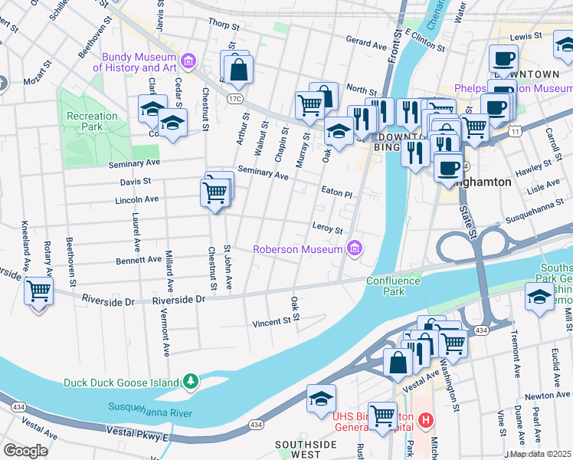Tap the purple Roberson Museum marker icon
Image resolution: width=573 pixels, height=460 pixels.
click(353, 248)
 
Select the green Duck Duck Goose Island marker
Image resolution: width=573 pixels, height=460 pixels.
click(190, 381)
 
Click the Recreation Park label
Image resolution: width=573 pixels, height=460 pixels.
click(93, 121)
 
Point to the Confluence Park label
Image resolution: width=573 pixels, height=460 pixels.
click(393, 286)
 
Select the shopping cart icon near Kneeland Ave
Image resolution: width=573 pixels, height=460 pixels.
click(38, 292)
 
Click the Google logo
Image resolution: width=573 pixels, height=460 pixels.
click(25, 450)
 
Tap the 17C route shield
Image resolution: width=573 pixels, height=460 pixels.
click(234, 99)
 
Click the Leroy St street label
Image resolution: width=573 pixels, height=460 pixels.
click(327, 228)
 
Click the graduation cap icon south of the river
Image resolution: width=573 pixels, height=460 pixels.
click(321, 398)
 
